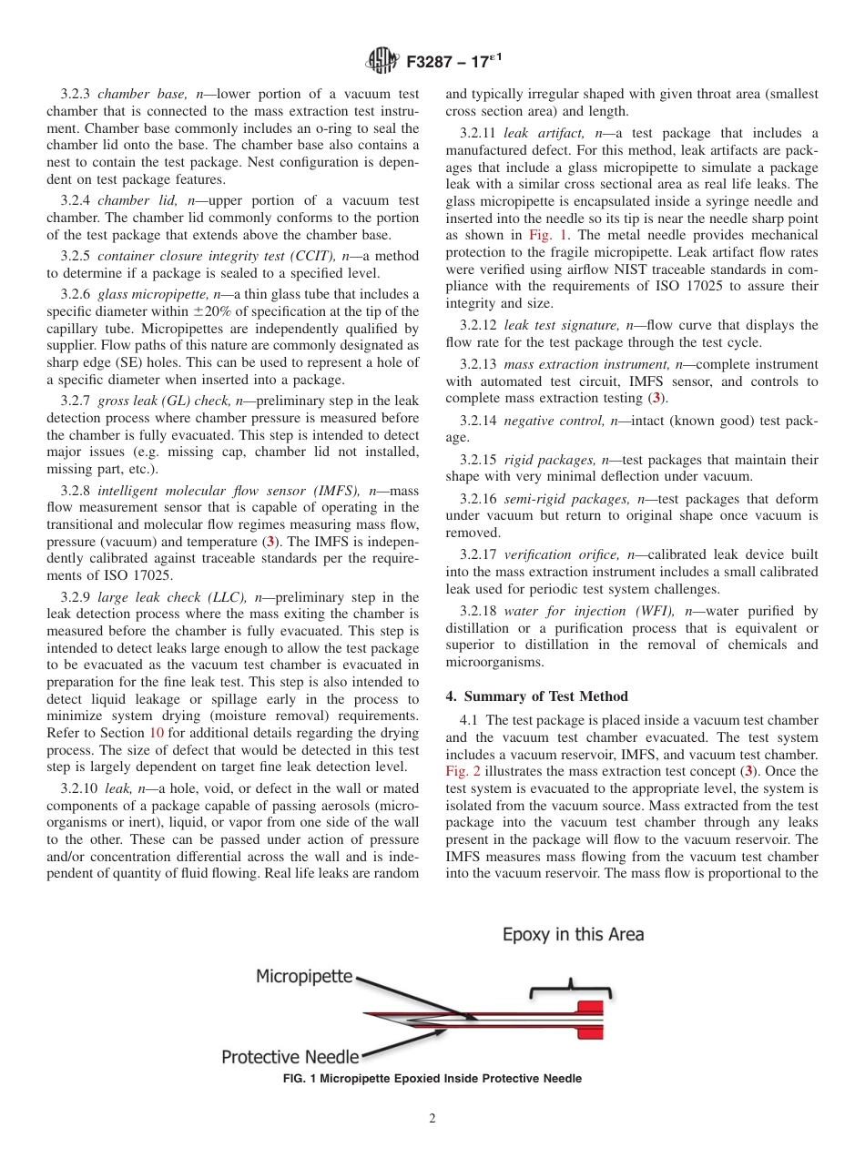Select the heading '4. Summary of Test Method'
[x=536, y=696]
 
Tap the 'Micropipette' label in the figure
[x=303, y=977]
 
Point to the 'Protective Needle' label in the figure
[x=290, y=1057]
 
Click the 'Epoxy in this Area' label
[x=573, y=935]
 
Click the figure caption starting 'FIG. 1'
[x=432, y=1079]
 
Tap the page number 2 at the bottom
[x=432, y=1119]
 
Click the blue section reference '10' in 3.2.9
[x=156, y=734]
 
